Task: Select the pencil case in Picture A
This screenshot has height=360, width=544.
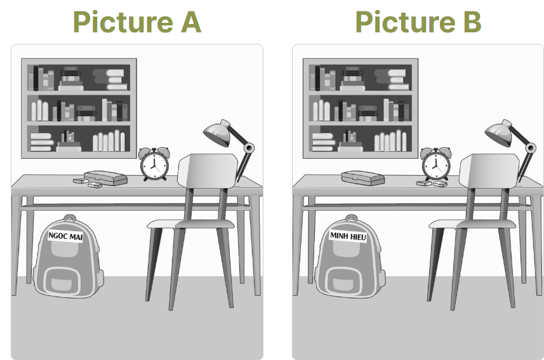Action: tap(105, 178)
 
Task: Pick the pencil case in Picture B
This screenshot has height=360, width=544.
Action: tap(363, 178)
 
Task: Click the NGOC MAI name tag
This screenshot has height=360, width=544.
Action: tap(65, 236)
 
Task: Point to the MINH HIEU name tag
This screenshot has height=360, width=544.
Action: tap(348, 236)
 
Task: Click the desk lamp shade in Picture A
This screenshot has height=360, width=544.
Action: tap(218, 132)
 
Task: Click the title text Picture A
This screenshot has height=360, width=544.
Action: tap(136, 22)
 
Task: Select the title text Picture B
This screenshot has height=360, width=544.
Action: tap(418, 22)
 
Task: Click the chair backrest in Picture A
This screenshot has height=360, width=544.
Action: tap(208, 171)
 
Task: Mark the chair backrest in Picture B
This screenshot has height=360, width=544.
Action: tap(489, 171)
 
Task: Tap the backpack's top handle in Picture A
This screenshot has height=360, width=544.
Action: tap(70, 218)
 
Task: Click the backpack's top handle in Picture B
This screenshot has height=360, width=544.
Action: tap(352, 218)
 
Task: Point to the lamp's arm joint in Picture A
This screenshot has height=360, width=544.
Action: tap(249, 148)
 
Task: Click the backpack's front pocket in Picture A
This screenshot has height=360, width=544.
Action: tap(62, 281)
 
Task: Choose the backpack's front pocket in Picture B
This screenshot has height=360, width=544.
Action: tap(344, 281)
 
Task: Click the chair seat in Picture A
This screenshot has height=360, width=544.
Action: tap(190, 224)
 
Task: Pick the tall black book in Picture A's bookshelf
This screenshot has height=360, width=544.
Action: tap(36, 77)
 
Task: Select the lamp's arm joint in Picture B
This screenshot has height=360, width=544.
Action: tap(531, 148)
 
